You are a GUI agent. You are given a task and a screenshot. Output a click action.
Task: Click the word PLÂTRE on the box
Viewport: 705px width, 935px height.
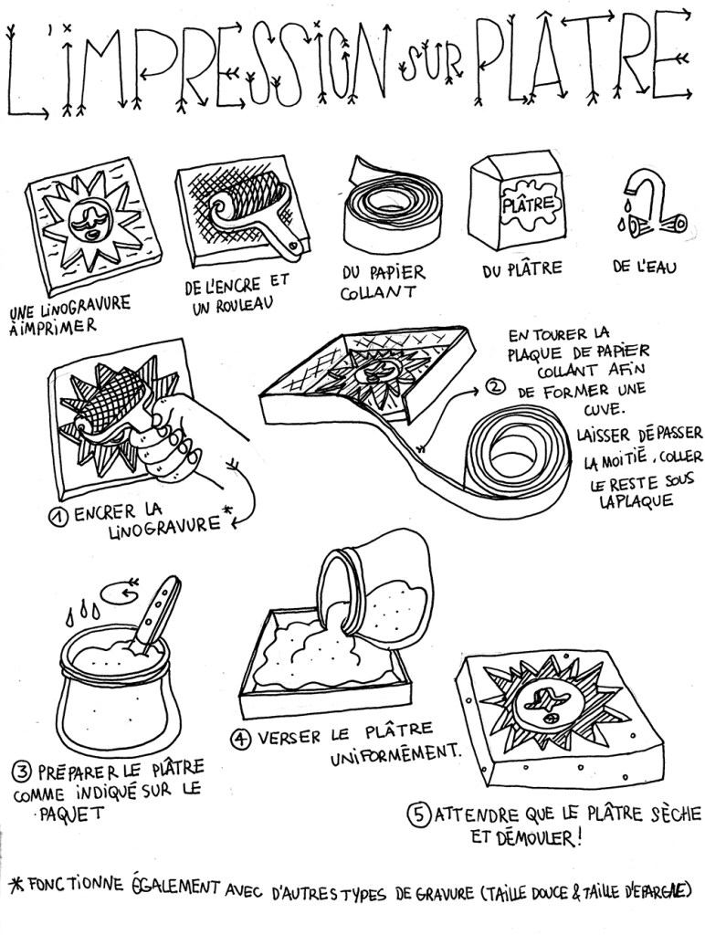coord(528,205)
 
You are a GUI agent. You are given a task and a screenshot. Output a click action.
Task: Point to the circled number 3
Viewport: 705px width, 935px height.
coord(22,772)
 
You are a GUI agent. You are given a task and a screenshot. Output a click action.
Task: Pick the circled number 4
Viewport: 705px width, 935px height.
coord(240,740)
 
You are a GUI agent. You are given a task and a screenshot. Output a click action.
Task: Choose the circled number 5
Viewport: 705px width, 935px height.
coord(418,814)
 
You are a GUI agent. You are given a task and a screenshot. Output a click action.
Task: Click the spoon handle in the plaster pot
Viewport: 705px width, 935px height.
coord(157,610)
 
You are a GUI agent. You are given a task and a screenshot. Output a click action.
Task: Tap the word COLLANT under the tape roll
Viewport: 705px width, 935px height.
coord(377,293)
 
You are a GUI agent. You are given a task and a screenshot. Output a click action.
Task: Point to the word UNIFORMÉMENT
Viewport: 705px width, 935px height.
coord(395,753)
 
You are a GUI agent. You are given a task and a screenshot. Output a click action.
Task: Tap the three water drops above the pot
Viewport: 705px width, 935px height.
coord(83,614)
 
